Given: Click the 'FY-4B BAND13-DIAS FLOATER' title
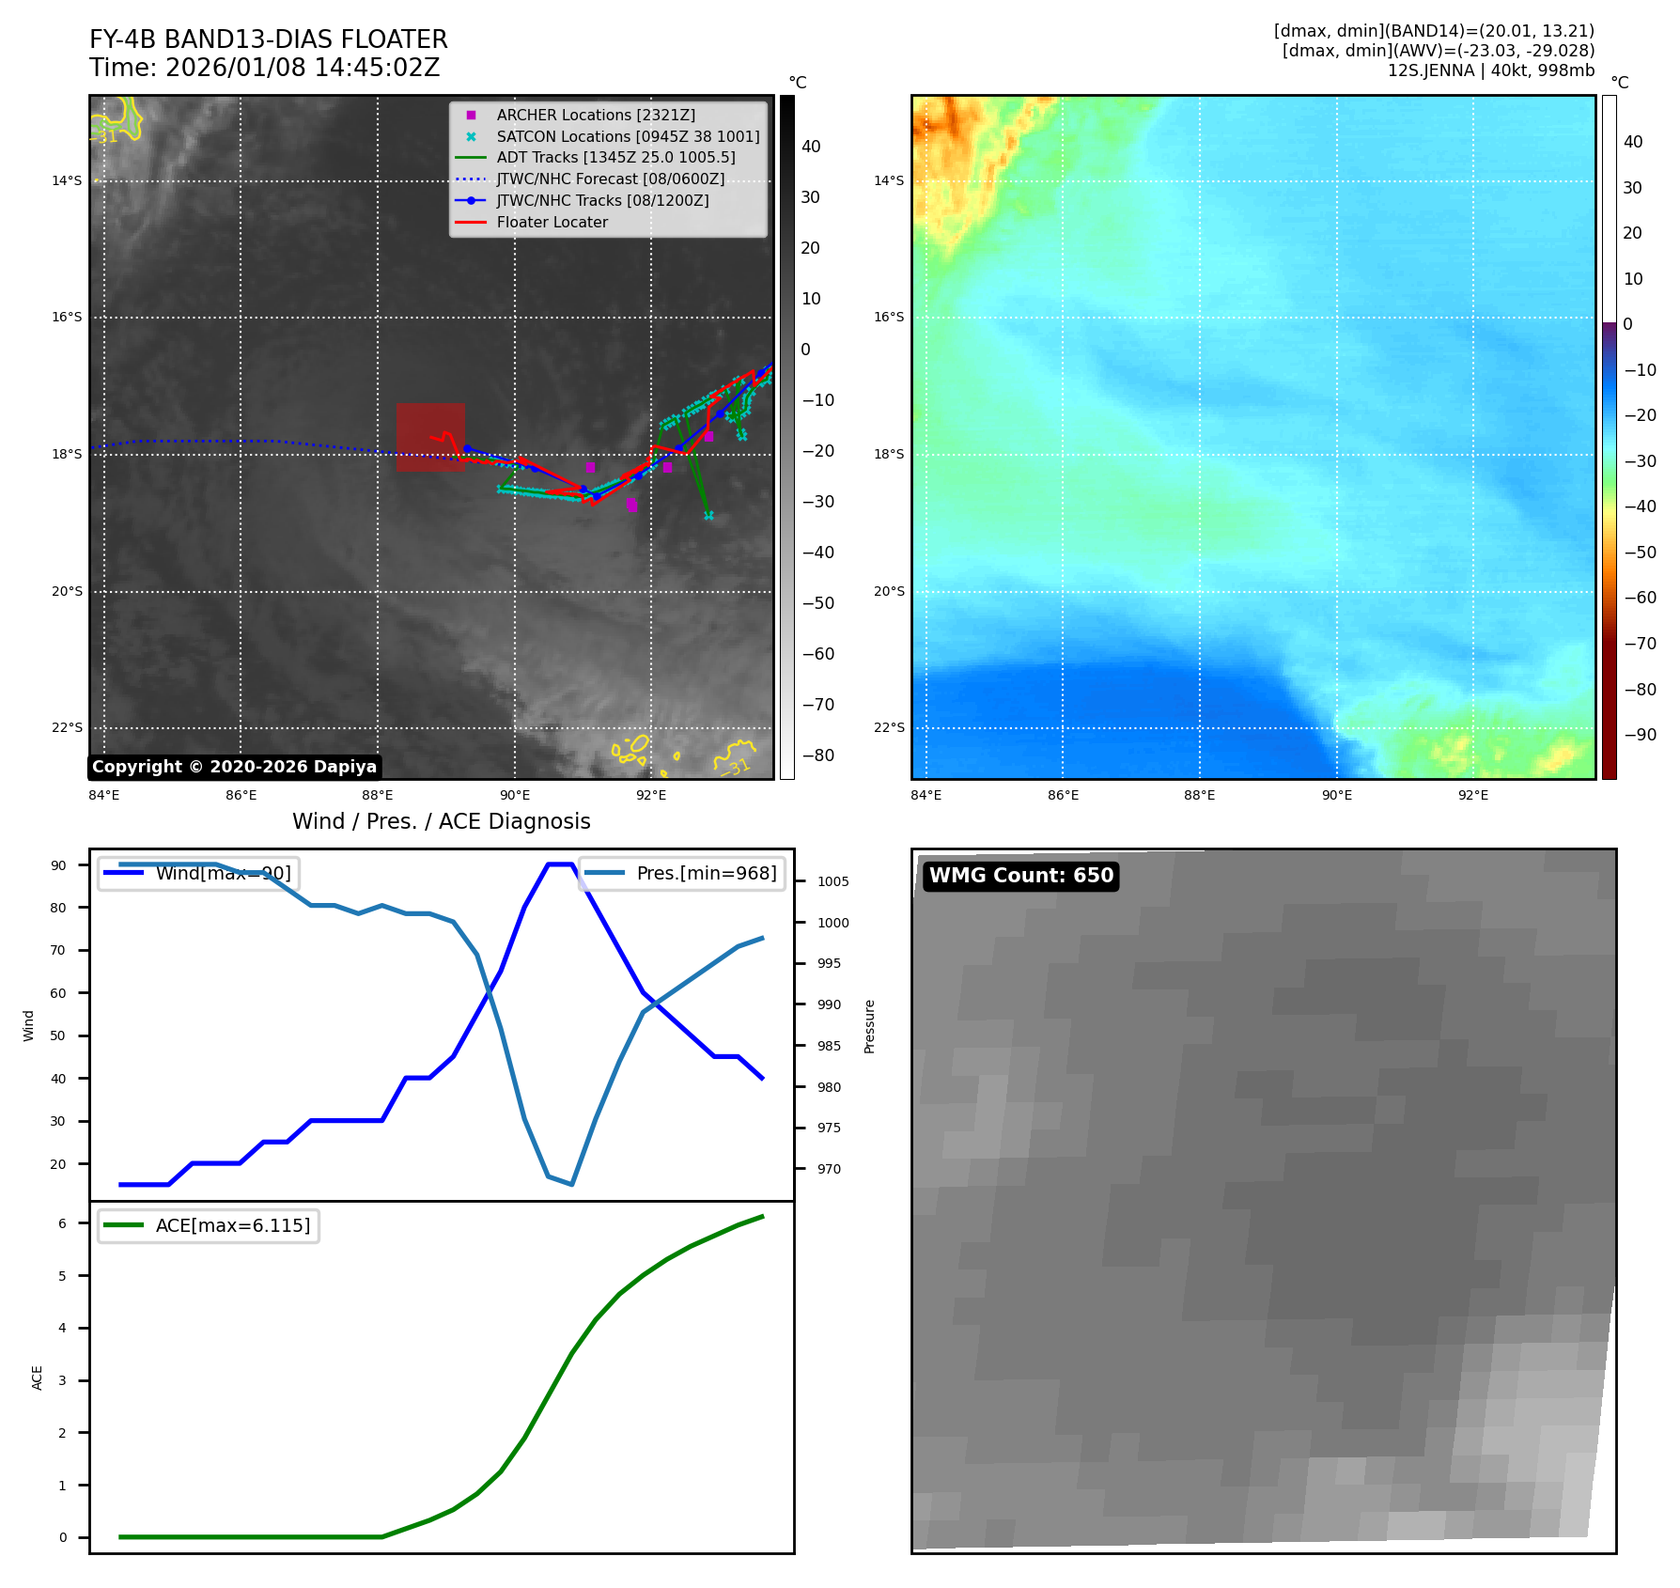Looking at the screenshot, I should point(268,39).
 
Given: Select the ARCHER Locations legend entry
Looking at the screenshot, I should point(596,115).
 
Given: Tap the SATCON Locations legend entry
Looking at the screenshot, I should point(627,136).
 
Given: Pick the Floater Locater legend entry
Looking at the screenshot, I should point(552,222).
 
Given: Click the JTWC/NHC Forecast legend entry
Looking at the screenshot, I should point(610,179).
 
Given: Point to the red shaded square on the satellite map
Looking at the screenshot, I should point(430,437).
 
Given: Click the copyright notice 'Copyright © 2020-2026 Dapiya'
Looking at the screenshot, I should point(234,767).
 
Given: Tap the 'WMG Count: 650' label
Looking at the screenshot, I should point(1020,876).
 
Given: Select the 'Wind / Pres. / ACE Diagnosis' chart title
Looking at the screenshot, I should point(441,821).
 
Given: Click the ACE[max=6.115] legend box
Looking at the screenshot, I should point(209,1225).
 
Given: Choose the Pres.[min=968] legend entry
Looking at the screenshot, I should point(682,873).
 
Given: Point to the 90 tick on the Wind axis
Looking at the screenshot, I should point(58,865).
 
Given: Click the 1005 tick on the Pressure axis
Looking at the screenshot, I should point(832,881).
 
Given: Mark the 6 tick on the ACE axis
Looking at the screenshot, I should point(62,1223).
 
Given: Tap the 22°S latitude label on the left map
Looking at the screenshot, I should point(67,727).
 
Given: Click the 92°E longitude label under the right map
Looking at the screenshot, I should point(1472,795).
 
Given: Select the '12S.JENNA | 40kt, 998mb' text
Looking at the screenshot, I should point(1490,70).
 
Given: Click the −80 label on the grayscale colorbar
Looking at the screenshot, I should point(817,755).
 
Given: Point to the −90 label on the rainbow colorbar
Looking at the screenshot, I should point(1640,735).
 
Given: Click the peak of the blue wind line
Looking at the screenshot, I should point(560,864).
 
